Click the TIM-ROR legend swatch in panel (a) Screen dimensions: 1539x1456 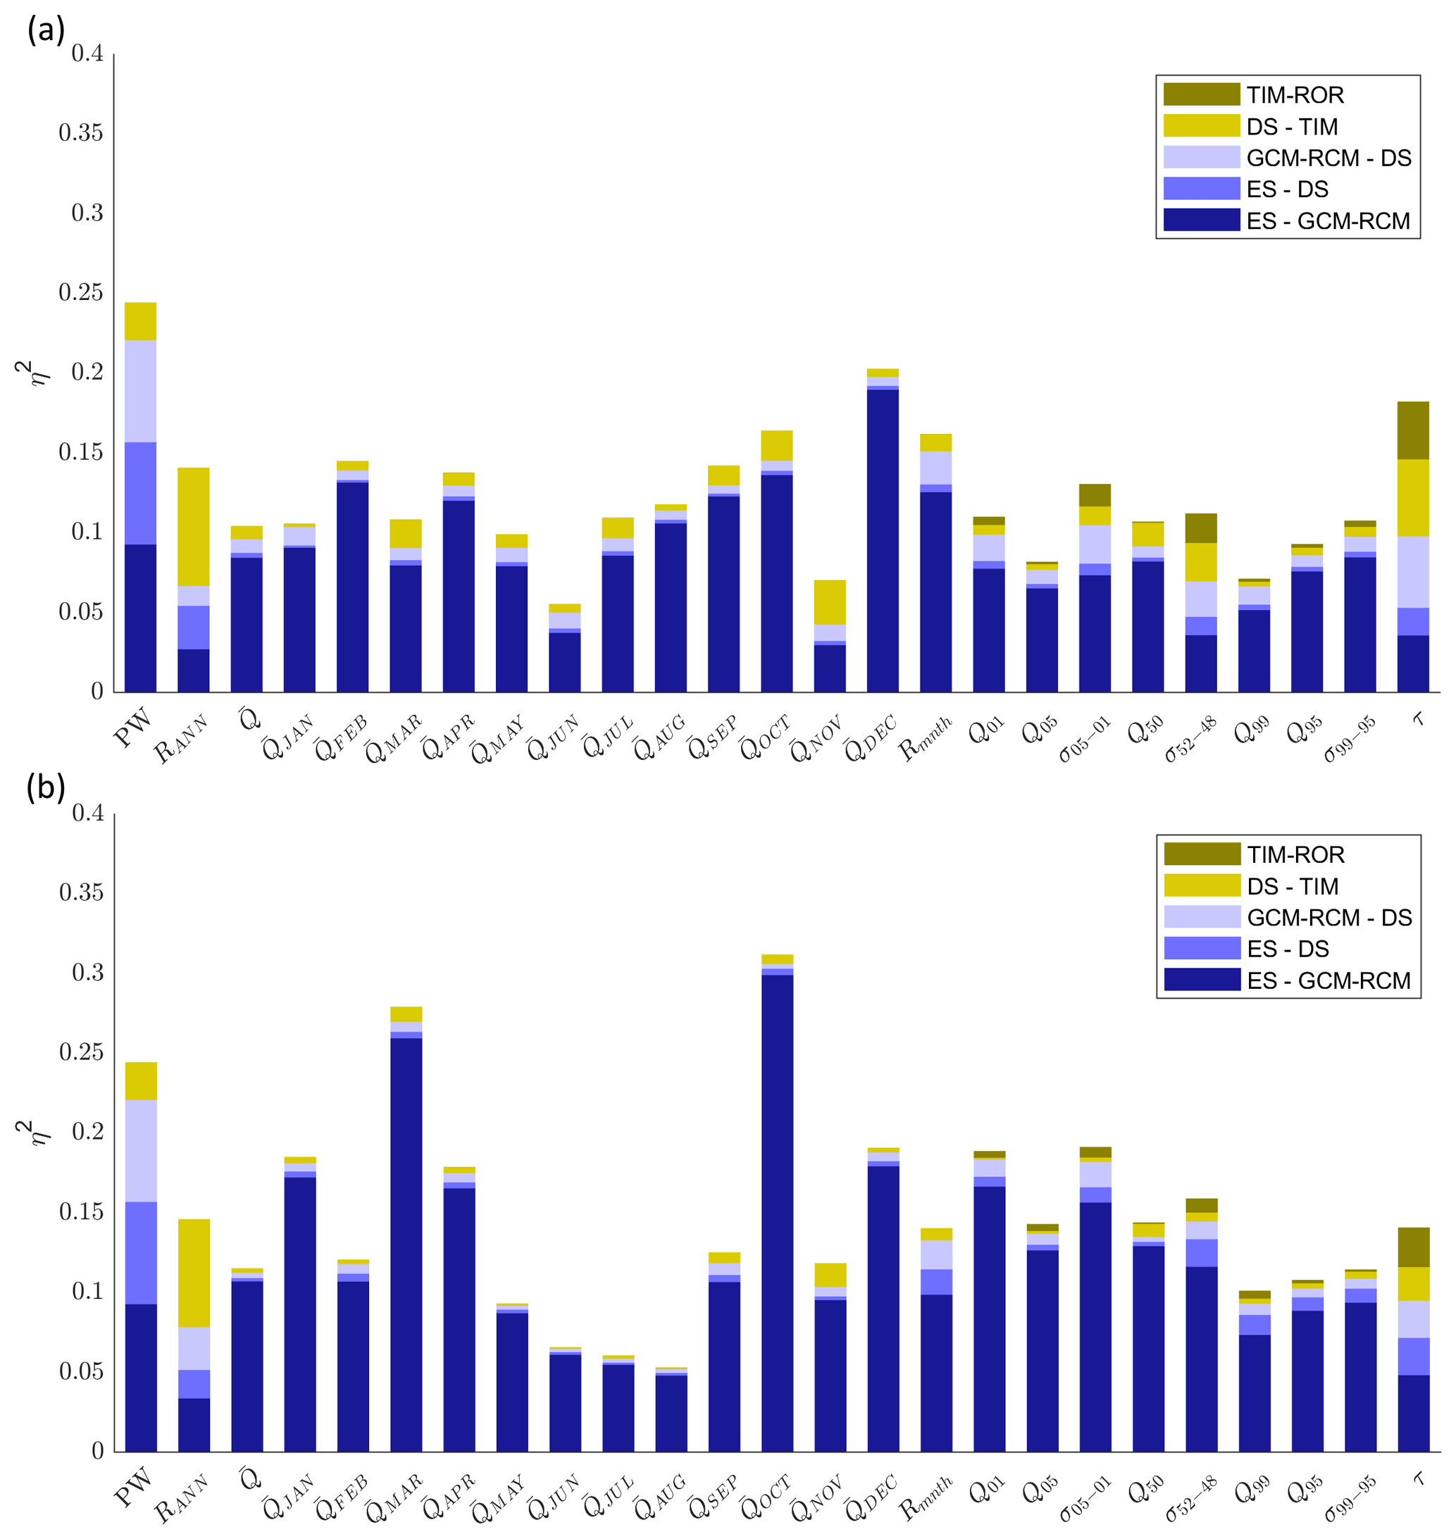click(1201, 94)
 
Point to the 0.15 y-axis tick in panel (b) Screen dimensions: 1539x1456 click(81, 1211)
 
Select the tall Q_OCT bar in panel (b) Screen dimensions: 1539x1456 click(778, 1211)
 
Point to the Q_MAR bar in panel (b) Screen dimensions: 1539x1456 click(406, 1242)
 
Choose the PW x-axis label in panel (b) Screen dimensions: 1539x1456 click(135, 1486)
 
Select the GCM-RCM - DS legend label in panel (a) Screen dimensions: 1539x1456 click(1328, 158)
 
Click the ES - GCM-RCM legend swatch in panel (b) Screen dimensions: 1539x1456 click(1202, 980)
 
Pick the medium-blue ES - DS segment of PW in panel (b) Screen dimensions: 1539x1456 click(140, 1252)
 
